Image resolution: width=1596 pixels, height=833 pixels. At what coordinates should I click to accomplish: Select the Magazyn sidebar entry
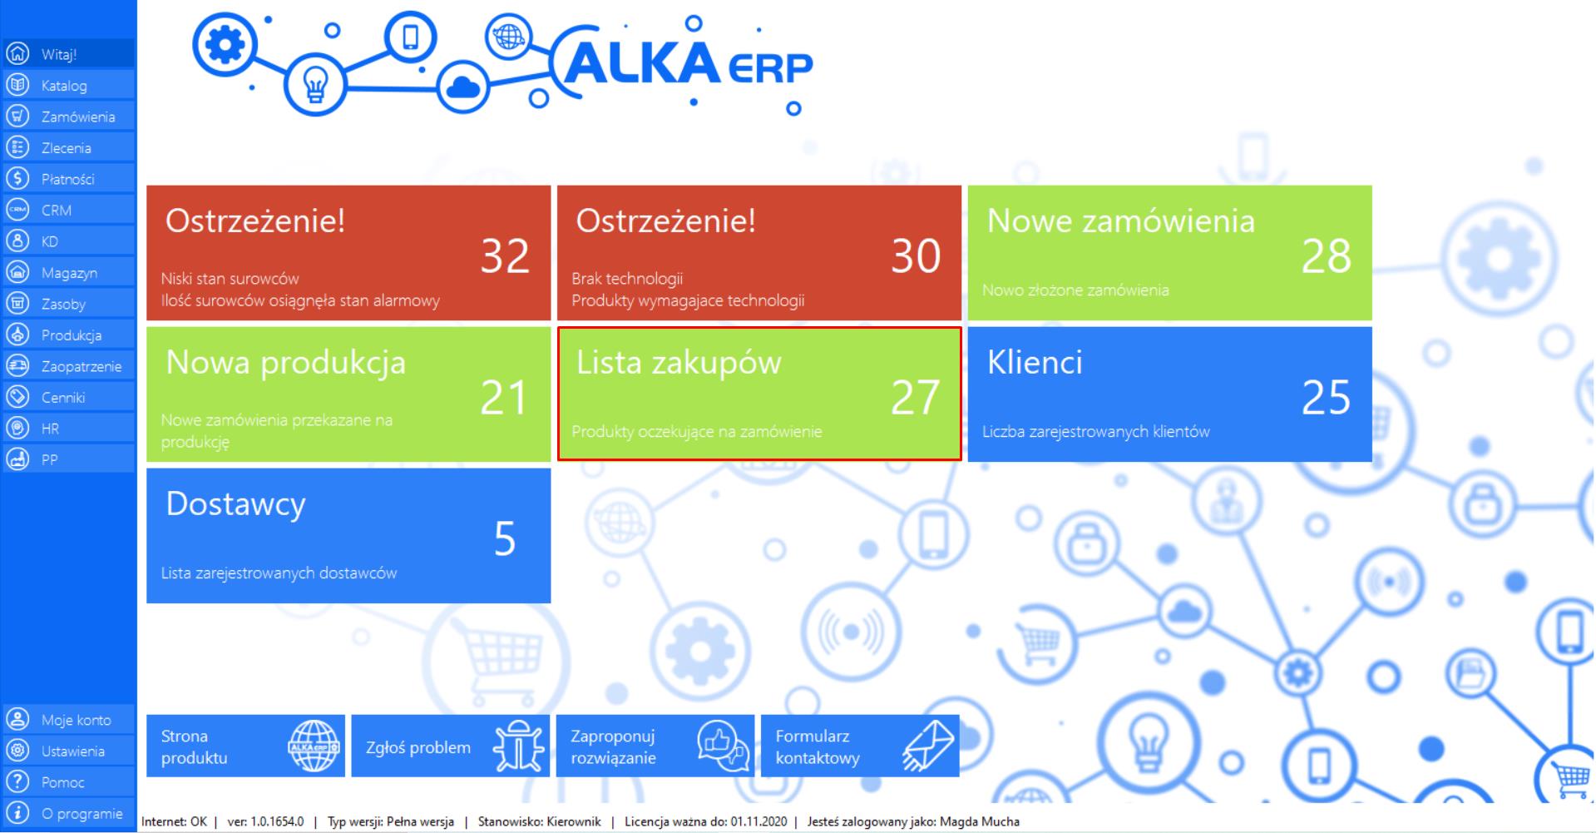point(69,273)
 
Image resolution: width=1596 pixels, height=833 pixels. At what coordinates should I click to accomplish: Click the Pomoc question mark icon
point(17,781)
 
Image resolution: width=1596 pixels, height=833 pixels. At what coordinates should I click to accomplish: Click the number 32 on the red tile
point(505,255)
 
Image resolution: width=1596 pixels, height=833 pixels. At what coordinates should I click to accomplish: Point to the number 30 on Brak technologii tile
point(916,255)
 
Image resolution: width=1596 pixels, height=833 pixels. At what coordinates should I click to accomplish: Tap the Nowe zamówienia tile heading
point(1120,221)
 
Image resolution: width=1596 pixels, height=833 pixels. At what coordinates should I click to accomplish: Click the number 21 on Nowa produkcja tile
point(504,397)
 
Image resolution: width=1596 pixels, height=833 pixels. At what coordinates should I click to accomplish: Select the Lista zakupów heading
point(679,363)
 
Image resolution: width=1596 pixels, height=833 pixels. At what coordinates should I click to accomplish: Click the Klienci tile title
point(1035,362)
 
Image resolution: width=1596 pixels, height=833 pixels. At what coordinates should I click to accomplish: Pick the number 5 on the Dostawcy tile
point(505,538)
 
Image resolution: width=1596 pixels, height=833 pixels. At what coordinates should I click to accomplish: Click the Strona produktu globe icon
point(314,746)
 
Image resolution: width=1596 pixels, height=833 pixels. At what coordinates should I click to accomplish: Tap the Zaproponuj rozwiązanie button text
point(614,746)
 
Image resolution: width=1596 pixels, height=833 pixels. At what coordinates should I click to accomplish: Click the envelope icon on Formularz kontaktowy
point(928,746)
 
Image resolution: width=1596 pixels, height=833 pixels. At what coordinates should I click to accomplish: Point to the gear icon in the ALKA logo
point(225,44)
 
